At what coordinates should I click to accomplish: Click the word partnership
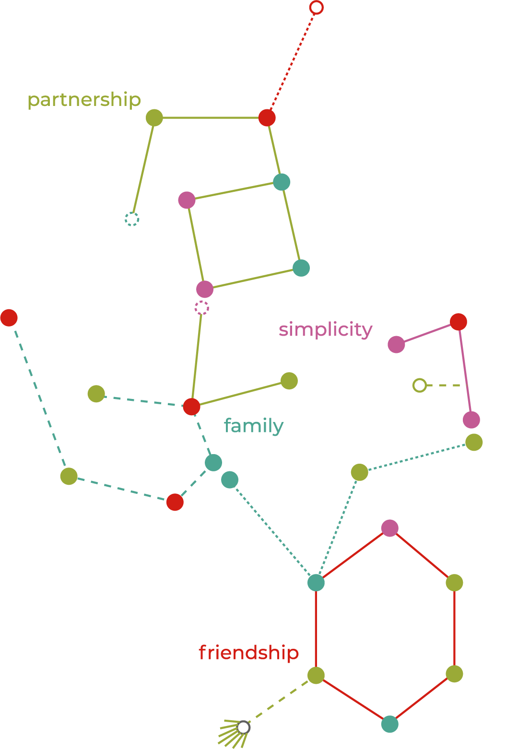84,100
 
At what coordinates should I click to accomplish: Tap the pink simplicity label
325,330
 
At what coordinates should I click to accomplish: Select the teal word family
254,426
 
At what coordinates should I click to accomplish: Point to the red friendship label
248,653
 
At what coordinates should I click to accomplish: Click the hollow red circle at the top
316,7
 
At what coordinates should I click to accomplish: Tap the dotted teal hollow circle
132,219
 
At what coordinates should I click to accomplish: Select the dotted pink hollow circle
202,307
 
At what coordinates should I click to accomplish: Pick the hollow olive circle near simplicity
420,385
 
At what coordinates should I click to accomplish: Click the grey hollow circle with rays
244,727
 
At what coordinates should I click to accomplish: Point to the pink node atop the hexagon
390,528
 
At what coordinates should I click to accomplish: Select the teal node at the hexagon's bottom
390,724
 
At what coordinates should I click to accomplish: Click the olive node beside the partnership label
154,117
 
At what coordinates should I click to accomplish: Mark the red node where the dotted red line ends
267,117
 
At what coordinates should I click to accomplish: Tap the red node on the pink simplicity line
459,322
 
